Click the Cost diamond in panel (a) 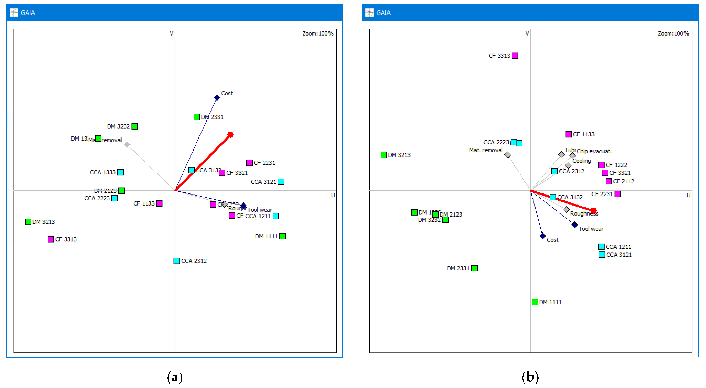pos(217,97)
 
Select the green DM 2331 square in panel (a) pos(197,117)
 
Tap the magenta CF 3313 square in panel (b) pos(515,56)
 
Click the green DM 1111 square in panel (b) pos(535,302)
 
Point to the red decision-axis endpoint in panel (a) pos(230,135)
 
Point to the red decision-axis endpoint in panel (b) pos(593,211)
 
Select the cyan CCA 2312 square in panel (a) pos(177,261)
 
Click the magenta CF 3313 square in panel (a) pos(51,239)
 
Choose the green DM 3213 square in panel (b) pos(384,155)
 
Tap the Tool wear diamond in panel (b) pos(575,225)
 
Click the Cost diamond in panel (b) pos(542,236)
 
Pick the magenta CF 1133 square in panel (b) pos(569,134)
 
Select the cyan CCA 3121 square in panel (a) pos(281,182)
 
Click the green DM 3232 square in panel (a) pos(135,126)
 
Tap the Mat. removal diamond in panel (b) pos(508,155)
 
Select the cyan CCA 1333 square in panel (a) pos(120,172)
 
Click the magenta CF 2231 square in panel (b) pos(617,194)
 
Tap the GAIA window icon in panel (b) pos(369,13)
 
